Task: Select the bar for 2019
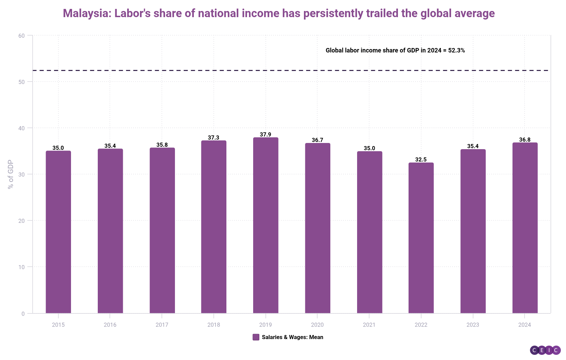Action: point(266,225)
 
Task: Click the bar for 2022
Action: point(421,238)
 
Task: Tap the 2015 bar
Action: point(58,232)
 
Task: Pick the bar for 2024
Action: point(525,228)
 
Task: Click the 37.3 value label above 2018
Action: point(213,137)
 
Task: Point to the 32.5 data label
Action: point(421,159)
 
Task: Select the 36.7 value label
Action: point(317,140)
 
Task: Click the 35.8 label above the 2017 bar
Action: point(162,145)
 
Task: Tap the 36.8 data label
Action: point(525,140)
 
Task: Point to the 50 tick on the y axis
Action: point(22,82)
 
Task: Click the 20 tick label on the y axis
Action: point(22,221)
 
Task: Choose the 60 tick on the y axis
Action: point(22,36)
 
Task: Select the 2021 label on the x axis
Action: point(369,325)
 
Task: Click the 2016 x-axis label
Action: point(110,325)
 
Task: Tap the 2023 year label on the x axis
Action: point(473,325)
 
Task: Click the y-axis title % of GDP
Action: point(11,174)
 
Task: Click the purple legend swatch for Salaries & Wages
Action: point(256,337)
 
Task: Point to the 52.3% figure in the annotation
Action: point(457,50)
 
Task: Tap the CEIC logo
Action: point(545,350)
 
